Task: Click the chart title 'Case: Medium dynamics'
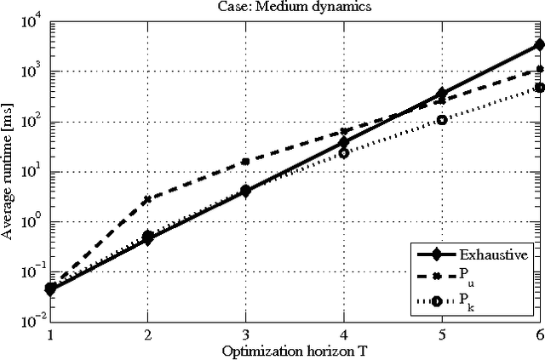click(294, 8)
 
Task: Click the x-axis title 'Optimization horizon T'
click(294, 351)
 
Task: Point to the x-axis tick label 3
click(245, 335)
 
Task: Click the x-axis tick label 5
click(441, 335)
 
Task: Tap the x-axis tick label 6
click(538, 335)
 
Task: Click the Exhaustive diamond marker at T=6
click(539, 44)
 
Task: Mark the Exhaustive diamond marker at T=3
click(245, 191)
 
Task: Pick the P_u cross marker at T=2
click(147, 199)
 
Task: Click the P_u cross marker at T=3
click(245, 161)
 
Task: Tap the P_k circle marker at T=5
click(441, 120)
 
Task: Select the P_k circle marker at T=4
click(344, 152)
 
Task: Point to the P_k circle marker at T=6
click(539, 87)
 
